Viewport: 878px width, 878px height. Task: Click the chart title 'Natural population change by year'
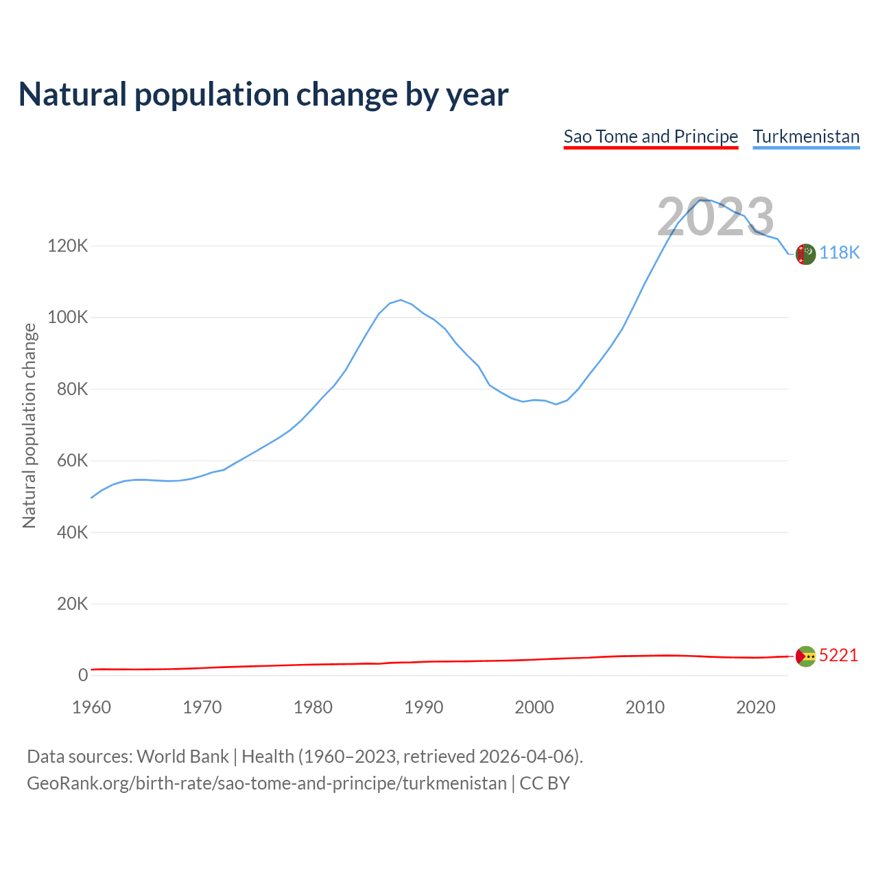coord(263,95)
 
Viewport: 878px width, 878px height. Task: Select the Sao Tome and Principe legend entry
coord(650,137)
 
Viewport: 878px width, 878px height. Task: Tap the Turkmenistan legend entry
coord(806,137)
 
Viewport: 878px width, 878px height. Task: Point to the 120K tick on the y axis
coord(68,246)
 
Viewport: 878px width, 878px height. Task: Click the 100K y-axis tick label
coord(68,318)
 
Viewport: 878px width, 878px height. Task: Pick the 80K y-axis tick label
coord(72,389)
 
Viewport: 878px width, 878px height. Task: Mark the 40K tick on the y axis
coord(72,532)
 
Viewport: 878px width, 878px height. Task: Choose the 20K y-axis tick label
coord(72,604)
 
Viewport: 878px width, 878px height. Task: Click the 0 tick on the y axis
coord(83,675)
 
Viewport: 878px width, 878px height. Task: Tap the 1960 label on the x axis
coord(91,707)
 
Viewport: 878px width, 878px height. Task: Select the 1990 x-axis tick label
coord(423,707)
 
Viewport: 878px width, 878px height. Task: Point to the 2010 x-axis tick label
coord(645,707)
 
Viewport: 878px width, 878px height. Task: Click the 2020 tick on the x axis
coord(755,707)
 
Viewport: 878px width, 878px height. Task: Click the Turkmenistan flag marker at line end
coord(805,254)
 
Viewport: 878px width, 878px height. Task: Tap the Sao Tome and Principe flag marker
coord(805,656)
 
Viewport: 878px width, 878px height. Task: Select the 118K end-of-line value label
coord(839,253)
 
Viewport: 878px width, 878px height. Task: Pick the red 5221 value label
coord(838,656)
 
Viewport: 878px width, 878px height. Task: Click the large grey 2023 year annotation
coord(715,217)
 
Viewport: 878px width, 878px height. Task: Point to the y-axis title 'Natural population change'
coord(29,425)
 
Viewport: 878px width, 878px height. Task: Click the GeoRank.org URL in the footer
coord(266,783)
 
